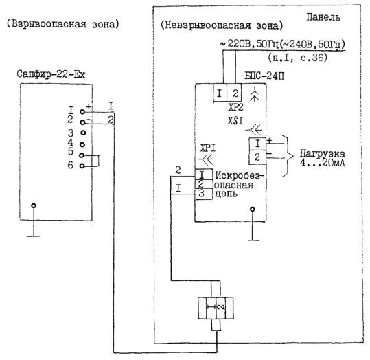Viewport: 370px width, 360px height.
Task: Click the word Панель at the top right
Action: point(323,17)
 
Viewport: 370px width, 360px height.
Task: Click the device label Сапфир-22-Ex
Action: point(51,74)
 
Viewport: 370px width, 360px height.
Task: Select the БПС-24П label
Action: point(264,76)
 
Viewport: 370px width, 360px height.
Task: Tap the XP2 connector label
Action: point(235,107)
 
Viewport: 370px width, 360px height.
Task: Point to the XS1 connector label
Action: point(235,121)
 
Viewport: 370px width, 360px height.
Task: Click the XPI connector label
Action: point(207,148)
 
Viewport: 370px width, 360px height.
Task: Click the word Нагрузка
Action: point(323,154)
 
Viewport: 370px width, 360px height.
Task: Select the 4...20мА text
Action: point(323,163)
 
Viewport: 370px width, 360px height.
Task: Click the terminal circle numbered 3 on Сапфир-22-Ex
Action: point(83,133)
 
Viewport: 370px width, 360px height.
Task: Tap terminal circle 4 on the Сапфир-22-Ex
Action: point(82,144)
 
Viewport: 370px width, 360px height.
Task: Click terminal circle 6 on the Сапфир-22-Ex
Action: point(82,166)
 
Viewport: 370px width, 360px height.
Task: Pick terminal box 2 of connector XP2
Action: point(234,93)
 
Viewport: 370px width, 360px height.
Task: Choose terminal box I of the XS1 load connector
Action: point(257,144)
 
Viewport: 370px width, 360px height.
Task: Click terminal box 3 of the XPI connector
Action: point(204,194)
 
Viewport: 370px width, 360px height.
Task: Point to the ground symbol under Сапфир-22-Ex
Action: point(34,236)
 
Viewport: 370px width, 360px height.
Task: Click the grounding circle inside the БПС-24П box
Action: point(253,209)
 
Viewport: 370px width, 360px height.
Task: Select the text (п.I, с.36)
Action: point(297,58)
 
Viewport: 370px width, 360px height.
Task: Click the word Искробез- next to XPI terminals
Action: point(239,175)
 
